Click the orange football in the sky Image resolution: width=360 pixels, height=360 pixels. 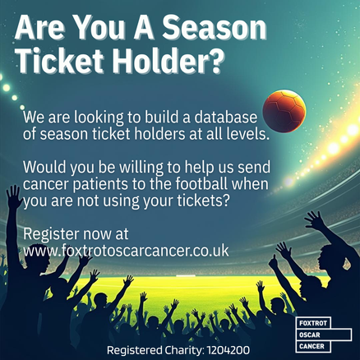point(284,111)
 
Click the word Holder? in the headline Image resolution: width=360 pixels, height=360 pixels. point(168,60)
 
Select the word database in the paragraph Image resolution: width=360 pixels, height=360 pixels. point(226,117)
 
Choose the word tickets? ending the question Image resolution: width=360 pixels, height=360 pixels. point(202,201)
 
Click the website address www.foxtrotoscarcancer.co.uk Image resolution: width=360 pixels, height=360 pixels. point(126,251)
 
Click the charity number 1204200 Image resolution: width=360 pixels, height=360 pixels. point(228,350)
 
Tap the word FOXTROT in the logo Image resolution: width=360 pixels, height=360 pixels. point(313,323)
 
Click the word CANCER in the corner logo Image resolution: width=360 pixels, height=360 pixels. point(312,346)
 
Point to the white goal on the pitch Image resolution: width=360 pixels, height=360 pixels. point(186,275)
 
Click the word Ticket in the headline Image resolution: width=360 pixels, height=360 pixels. point(61,60)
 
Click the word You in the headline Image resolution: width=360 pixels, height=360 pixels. point(99,27)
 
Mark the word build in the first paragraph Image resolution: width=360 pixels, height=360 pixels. point(162,117)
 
